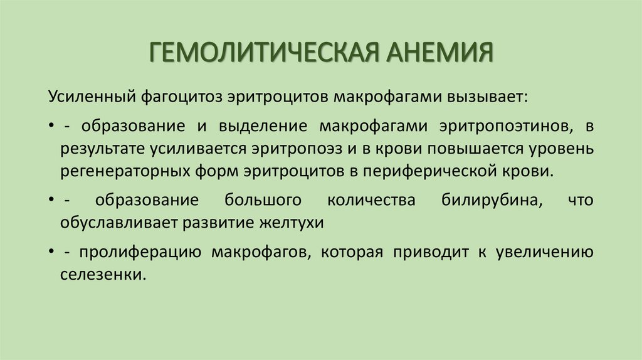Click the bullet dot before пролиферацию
[50, 251]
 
